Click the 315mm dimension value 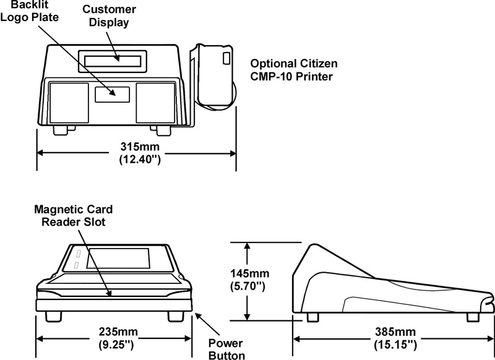click(140, 147)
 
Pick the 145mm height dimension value click(248, 273)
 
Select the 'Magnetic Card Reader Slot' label click(74, 216)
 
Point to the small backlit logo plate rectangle click(112, 94)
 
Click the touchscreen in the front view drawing click(118, 259)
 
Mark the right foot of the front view click(177, 315)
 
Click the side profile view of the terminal click(390, 281)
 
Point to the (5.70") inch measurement click(248, 286)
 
